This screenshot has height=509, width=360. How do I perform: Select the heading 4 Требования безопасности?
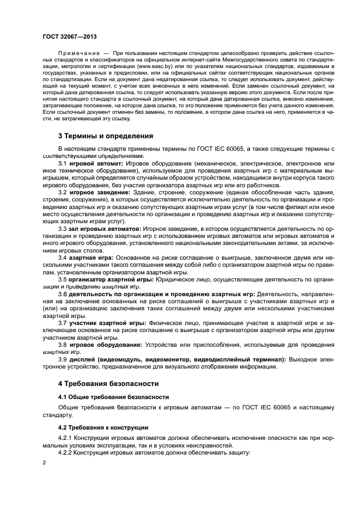tap(108, 383)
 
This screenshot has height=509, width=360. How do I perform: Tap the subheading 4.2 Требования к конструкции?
tap(103, 427)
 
